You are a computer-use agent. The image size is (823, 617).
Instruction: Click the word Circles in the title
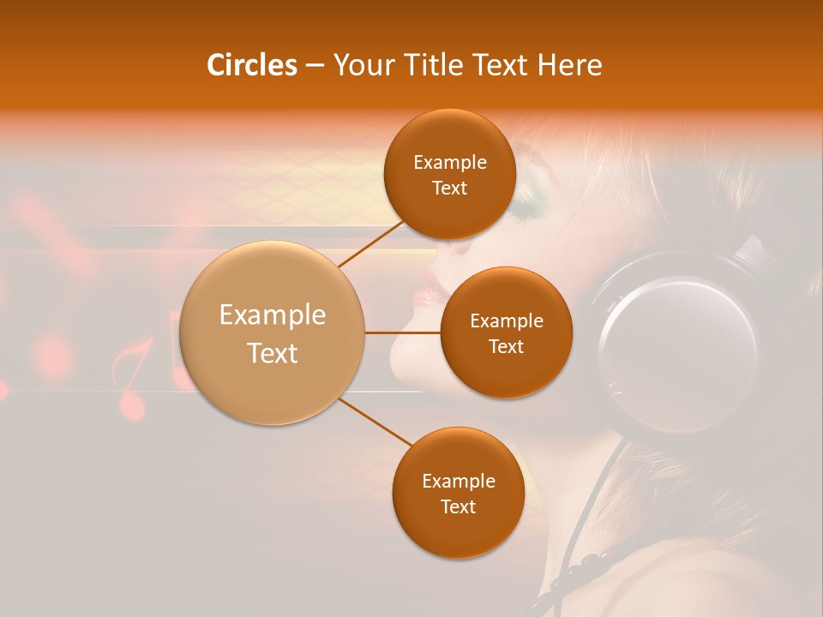coord(251,65)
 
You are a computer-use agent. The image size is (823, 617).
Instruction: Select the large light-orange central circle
coord(273,332)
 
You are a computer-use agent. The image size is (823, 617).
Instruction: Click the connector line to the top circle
coord(370,243)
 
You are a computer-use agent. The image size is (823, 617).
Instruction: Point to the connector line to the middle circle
coord(403,332)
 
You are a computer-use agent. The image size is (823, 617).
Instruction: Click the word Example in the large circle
coord(273,315)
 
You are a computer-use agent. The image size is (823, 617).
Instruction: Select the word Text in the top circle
coord(449,189)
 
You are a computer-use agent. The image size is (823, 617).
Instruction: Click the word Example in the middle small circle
coord(507,321)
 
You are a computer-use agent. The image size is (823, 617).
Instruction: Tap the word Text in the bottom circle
coord(458,507)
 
